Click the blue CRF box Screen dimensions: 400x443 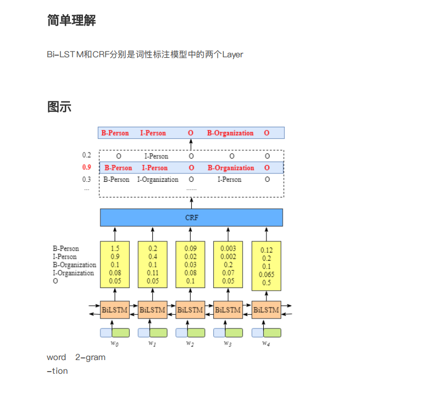(x=191, y=217)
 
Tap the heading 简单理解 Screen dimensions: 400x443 (x=71, y=20)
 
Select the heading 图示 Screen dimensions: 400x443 (x=59, y=107)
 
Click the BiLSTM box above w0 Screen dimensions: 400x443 (x=115, y=310)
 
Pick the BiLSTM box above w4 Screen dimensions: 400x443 (x=266, y=310)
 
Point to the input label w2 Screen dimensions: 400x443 (x=190, y=343)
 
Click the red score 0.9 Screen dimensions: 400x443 (x=87, y=168)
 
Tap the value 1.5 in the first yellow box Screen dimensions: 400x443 (x=115, y=249)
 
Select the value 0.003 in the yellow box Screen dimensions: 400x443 (x=228, y=249)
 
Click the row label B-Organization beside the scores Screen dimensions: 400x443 (x=74, y=265)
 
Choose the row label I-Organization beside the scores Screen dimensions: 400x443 (x=74, y=273)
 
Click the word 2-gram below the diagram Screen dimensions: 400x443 (x=90, y=357)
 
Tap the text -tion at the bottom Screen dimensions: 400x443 (x=57, y=371)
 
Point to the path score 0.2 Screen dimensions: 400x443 (x=87, y=155)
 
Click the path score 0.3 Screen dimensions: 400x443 (x=87, y=179)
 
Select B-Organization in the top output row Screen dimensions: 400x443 (x=230, y=133)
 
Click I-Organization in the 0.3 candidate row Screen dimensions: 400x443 (x=158, y=180)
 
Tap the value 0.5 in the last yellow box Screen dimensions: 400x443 (x=266, y=283)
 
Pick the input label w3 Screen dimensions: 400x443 (x=228, y=343)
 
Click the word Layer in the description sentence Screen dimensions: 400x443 (x=232, y=54)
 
